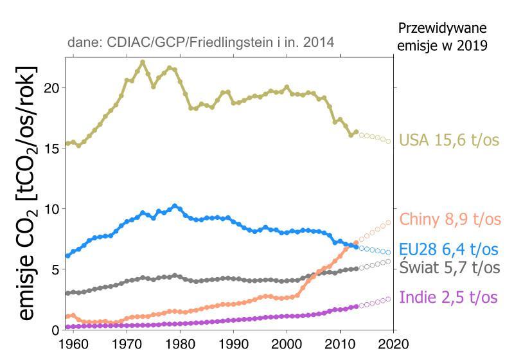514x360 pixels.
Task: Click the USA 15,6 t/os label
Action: tap(449, 140)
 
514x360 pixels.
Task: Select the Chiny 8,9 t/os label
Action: tap(450, 220)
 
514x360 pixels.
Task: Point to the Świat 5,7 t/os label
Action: tap(449, 267)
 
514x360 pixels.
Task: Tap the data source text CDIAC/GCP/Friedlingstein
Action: tap(200, 43)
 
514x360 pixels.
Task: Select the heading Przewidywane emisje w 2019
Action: tap(442, 37)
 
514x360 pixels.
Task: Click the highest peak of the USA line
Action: tap(143, 62)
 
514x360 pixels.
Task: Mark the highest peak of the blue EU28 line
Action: tap(175, 206)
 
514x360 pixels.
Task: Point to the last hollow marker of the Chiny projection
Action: tap(388, 222)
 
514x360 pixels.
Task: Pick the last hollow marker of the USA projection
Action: tap(388, 141)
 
